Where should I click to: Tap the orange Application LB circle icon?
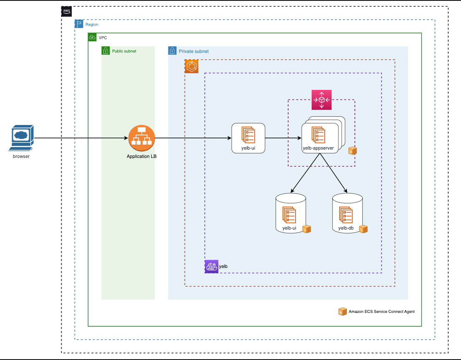141,138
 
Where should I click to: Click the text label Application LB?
142,156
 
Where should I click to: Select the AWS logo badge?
67,11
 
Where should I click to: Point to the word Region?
92,25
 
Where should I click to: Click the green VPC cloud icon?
92,37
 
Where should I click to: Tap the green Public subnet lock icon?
105,51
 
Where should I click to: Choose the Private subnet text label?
194,51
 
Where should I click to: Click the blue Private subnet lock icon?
172,51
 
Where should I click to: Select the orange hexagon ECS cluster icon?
191,66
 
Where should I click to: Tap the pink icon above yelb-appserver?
321,100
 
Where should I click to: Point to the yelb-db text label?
346,228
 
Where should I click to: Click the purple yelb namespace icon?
211,266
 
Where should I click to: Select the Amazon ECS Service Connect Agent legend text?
381,311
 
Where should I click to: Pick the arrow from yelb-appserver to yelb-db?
334,173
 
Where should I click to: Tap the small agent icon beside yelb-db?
363,229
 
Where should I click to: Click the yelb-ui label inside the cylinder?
289,228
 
